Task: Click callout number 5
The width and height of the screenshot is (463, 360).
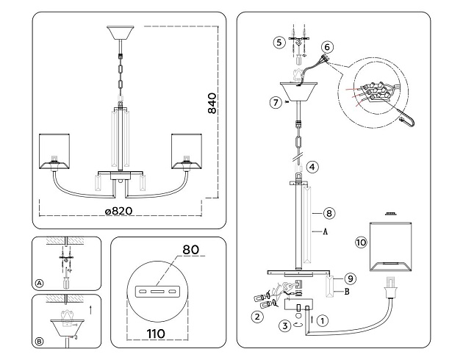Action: pos(278,42)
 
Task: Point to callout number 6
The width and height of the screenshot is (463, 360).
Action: pos(328,46)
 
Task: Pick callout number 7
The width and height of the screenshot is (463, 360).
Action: pos(275,102)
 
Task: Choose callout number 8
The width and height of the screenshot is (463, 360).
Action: pos(329,213)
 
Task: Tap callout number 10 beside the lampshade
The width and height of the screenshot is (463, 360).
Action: pos(360,242)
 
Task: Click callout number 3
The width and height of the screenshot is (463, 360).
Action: pos(284,325)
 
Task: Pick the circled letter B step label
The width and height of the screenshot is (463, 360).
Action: pos(38,340)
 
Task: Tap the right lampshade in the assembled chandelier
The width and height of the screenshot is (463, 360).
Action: pos(187,151)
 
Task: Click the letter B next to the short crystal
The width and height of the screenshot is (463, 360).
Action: pos(345,291)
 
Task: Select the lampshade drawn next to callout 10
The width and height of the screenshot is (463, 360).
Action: pos(390,246)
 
